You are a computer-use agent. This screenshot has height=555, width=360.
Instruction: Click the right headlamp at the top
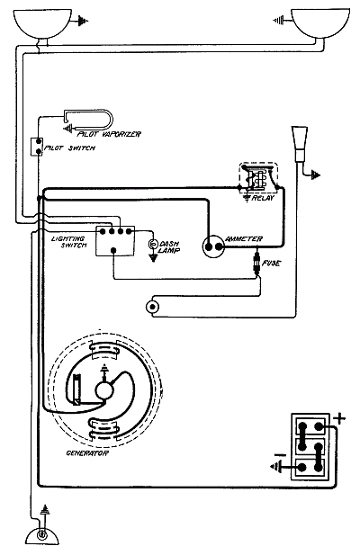(x=319, y=23)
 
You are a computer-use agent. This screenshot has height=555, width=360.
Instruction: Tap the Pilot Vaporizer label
(x=109, y=134)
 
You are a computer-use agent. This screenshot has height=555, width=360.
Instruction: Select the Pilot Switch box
(x=37, y=147)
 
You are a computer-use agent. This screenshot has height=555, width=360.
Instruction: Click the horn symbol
(x=299, y=145)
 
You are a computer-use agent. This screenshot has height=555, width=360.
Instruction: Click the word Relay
(x=263, y=198)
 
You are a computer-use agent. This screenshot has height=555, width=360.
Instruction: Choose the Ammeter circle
(x=214, y=246)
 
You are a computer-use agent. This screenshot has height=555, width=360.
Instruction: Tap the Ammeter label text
(x=244, y=239)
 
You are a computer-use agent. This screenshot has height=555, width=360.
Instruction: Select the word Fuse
(x=272, y=264)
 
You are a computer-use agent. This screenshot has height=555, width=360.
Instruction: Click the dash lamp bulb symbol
(x=153, y=245)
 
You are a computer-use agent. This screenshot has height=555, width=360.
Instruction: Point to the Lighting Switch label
(x=68, y=242)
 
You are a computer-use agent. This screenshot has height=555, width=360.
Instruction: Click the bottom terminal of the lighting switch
(x=113, y=251)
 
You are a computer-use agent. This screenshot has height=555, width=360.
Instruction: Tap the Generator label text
(x=87, y=453)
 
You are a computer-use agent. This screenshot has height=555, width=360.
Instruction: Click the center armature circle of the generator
(x=104, y=390)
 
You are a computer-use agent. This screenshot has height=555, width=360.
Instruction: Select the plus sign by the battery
(x=339, y=419)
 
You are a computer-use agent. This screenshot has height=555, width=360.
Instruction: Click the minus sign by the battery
(x=280, y=455)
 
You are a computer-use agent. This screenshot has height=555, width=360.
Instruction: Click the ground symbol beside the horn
(x=315, y=175)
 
